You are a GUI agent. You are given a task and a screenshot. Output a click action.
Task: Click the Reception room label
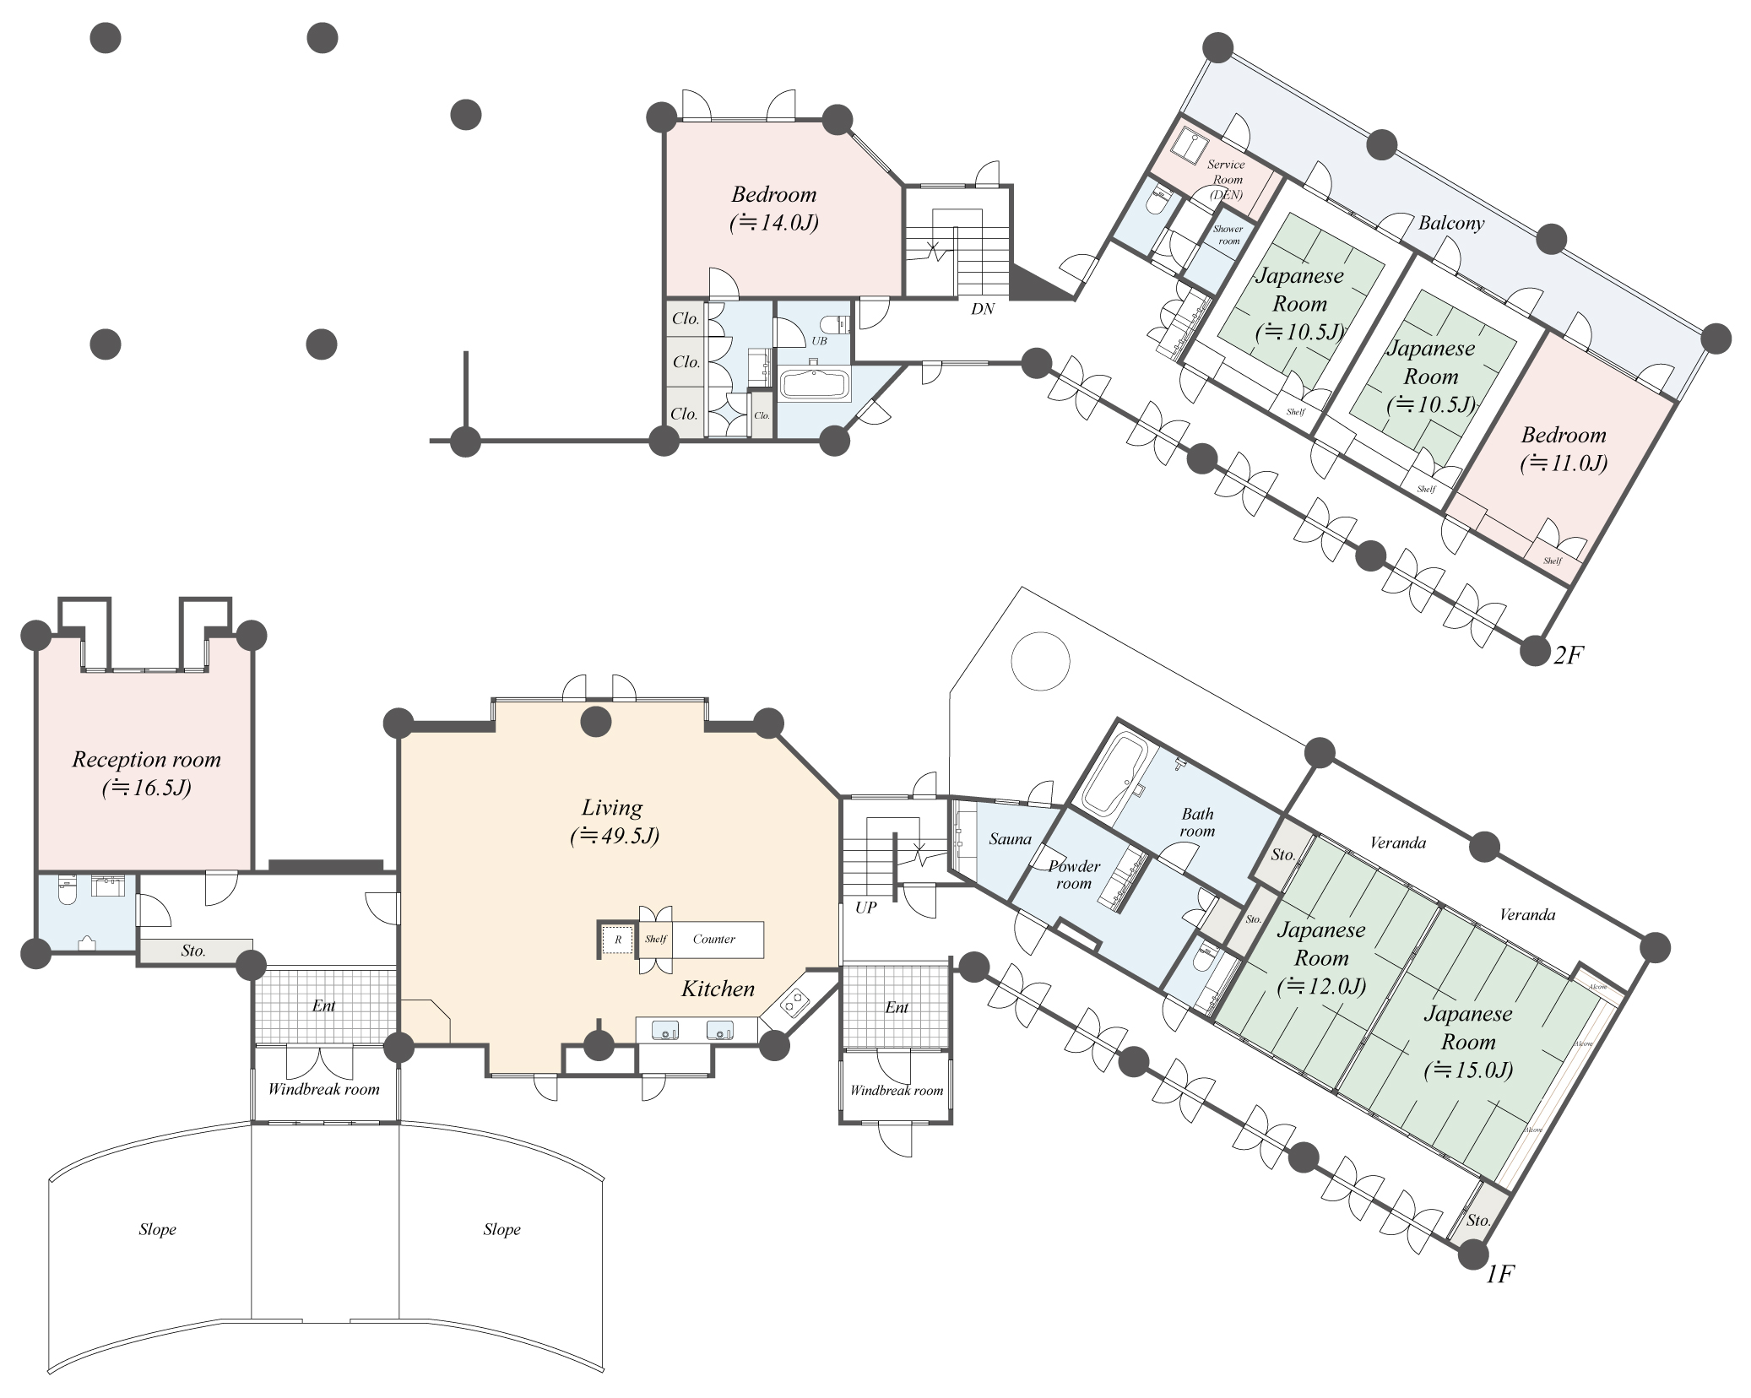click(146, 759)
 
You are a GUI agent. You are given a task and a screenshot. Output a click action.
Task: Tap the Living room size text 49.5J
click(615, 836)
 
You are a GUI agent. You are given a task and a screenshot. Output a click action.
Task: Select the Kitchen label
click(718, 989)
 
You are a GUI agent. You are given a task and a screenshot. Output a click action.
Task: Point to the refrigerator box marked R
click(617, 940)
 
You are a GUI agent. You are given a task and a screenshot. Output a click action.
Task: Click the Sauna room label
click(1010, 839)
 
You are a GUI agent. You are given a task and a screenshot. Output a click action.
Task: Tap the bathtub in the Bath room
click(1113, 774)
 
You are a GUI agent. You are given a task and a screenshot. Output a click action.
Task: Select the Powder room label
click(1074, 875)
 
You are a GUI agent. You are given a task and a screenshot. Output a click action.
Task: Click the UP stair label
click(865, 908)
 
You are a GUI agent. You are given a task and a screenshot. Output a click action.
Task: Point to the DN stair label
click(982, 309)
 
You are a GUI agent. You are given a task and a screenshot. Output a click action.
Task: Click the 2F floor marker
click(1567, 655)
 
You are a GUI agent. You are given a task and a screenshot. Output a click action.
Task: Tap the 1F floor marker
click(1499, 1275)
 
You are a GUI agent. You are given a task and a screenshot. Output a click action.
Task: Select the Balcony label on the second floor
click(1450, 223)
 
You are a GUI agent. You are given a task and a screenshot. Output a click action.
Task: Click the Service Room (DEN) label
click(1226, 179)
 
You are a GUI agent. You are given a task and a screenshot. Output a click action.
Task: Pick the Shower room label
click(1228, 235)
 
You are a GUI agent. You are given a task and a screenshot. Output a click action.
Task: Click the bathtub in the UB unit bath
click(813, 384)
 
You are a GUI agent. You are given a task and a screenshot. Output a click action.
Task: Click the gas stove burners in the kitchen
click(794, 1004)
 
